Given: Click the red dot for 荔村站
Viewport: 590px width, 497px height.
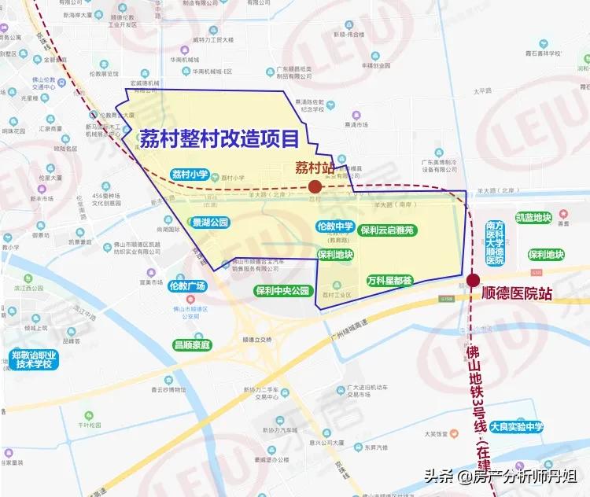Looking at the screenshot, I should [x=315, y=186].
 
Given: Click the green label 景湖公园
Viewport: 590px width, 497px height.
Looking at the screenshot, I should [x=210, y=223].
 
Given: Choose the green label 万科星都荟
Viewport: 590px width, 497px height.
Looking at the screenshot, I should [x=389, y=280].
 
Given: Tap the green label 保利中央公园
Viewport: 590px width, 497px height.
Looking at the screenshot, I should [x=283, y=291].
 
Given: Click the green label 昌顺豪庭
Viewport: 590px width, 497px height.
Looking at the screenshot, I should [x=193, y=344].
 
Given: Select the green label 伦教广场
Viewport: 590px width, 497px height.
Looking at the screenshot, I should [x=186, y=285].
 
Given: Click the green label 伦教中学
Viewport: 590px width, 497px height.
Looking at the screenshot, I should [x=335, y=226].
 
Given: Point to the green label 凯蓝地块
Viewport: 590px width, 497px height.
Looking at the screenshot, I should [x=533, y=218].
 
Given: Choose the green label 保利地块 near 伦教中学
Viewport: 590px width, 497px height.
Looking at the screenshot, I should [x=336, y=255].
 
